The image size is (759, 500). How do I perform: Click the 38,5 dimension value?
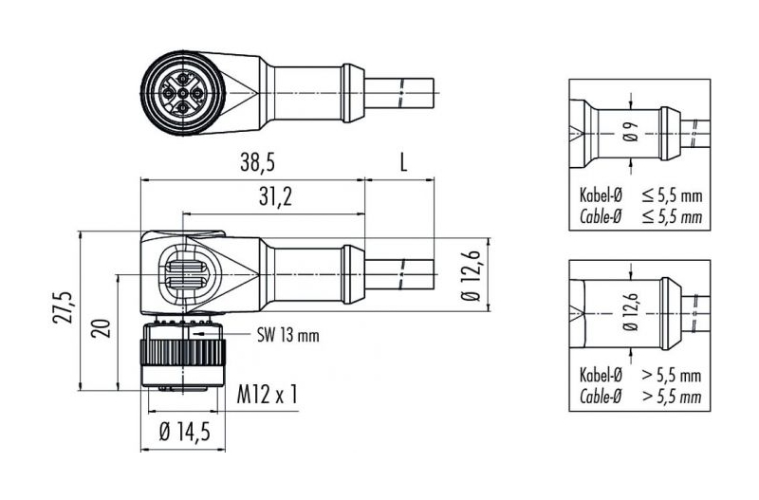[257, 162]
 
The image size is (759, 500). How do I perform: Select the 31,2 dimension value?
[275, 196]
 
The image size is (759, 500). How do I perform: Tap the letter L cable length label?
[402, 162]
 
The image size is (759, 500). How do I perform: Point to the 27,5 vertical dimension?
[64, 307]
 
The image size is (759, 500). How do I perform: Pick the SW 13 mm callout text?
[288, 335]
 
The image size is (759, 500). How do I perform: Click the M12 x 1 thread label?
[268, 394]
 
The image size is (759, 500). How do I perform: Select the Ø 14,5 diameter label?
[185, 432]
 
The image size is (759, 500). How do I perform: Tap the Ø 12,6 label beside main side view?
[470, 276]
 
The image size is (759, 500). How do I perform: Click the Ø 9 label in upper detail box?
[631, 131]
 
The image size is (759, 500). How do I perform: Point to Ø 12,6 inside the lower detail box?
[631, 313]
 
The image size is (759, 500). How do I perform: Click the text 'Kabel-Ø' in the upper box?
[601, 195]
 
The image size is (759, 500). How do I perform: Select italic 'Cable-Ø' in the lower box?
[601, 397]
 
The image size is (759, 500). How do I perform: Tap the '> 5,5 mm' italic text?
[672, 397]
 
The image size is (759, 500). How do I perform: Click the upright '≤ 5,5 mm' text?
[672, 195]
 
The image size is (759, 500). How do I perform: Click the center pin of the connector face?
[182, 93]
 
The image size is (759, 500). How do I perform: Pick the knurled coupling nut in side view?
[183, 353]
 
